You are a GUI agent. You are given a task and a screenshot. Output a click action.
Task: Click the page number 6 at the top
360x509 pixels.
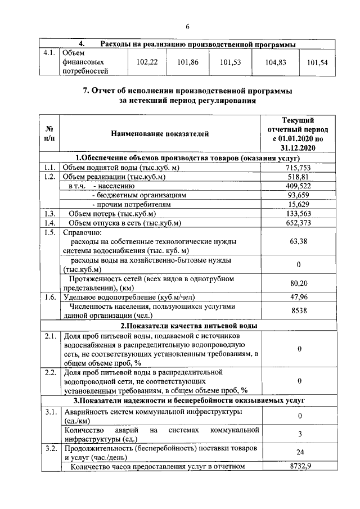[187, 26]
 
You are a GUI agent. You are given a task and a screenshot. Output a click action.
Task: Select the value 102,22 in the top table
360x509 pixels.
[147, 62]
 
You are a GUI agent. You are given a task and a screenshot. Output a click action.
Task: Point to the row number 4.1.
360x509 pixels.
[49, 53]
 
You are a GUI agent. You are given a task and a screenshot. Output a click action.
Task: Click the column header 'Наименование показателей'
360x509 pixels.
[160, 133]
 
